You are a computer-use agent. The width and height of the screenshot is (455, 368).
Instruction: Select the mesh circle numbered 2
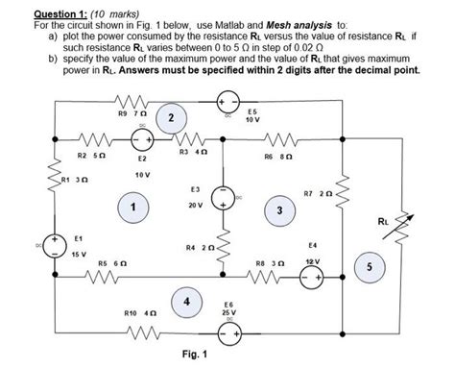[x=170, y=117]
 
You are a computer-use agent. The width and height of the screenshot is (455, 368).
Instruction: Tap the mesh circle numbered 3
[x=278, y=210]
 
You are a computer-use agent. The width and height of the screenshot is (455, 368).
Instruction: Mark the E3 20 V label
[x=196, y=199]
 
